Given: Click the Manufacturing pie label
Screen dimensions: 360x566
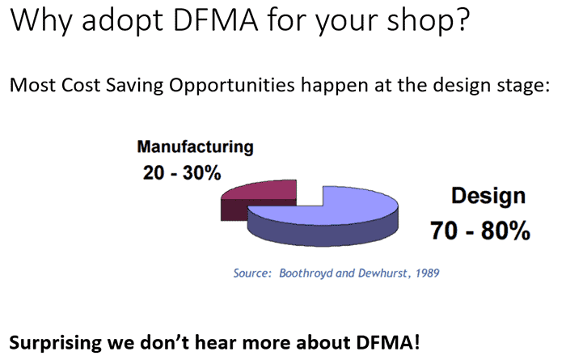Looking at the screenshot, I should (x=195, y=148).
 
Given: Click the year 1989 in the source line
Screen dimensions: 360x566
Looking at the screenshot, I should (x=425, y=273).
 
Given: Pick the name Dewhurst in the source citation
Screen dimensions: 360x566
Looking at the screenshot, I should (x=379, y=273).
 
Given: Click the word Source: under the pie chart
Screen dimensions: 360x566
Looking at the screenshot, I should (x=252, y=273).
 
